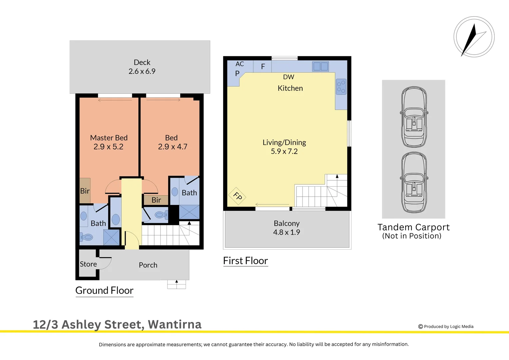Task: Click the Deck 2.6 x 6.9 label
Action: tap(142, 67)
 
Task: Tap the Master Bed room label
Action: tap(109, 138)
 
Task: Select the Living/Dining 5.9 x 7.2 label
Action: tap(284, 147)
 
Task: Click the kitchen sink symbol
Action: tap(320, 66)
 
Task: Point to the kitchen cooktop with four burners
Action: tap(341, 87)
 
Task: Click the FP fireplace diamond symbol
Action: tap(237, 196)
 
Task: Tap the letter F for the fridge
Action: tap(263, 67)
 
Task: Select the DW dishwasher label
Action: tap(288, 77)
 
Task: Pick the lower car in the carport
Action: tap(414, 182)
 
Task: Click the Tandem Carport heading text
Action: tap(413, 227)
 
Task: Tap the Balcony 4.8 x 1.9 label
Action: tap(286, 228)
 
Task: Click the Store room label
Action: tap(88, 264)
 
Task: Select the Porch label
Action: tap(148, 265)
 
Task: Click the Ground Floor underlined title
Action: tap(104, 291)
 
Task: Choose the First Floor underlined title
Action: tap(246, 261)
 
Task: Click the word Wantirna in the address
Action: tap(175, 324)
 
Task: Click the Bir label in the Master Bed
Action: tap(85, 191)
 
